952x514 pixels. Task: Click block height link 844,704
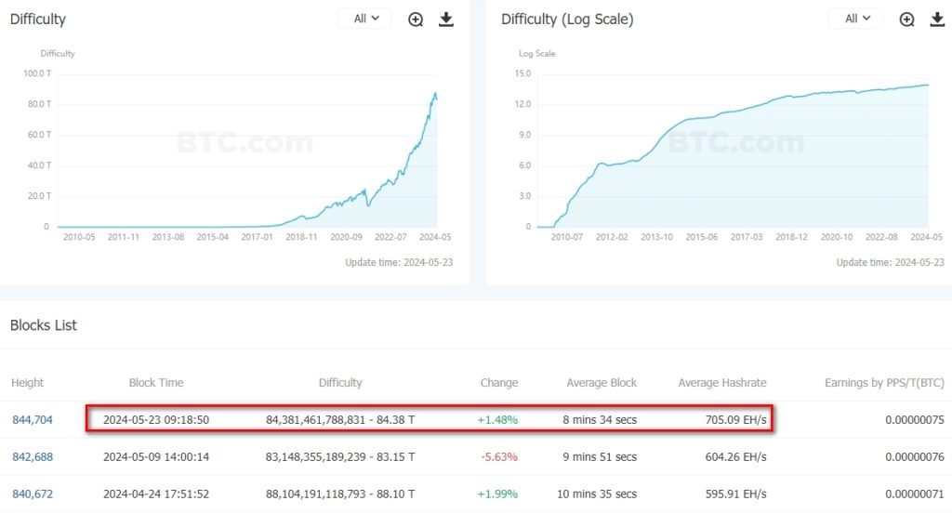coord(33,420)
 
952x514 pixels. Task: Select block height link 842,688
coord(33,456)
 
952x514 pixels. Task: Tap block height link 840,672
coord(33,494)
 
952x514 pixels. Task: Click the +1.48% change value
coord(497,420)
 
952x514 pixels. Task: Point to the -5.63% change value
coord(498,456)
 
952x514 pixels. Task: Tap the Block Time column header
coord(156,383)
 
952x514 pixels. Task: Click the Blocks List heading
coord(44,325)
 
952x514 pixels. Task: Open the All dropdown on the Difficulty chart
coord(364,19)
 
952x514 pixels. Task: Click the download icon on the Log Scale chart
coord(936,20)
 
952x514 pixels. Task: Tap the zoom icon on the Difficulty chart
coord(416,20)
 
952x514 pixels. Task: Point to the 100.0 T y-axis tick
coord(36,73)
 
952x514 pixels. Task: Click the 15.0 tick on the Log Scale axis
coord(522,73)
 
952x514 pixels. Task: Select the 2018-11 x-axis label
coord(301,237)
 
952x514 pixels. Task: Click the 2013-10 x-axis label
coord(655,237)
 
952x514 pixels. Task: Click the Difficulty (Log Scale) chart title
coord(567,20)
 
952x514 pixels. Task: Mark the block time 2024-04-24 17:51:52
coord(156,494)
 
